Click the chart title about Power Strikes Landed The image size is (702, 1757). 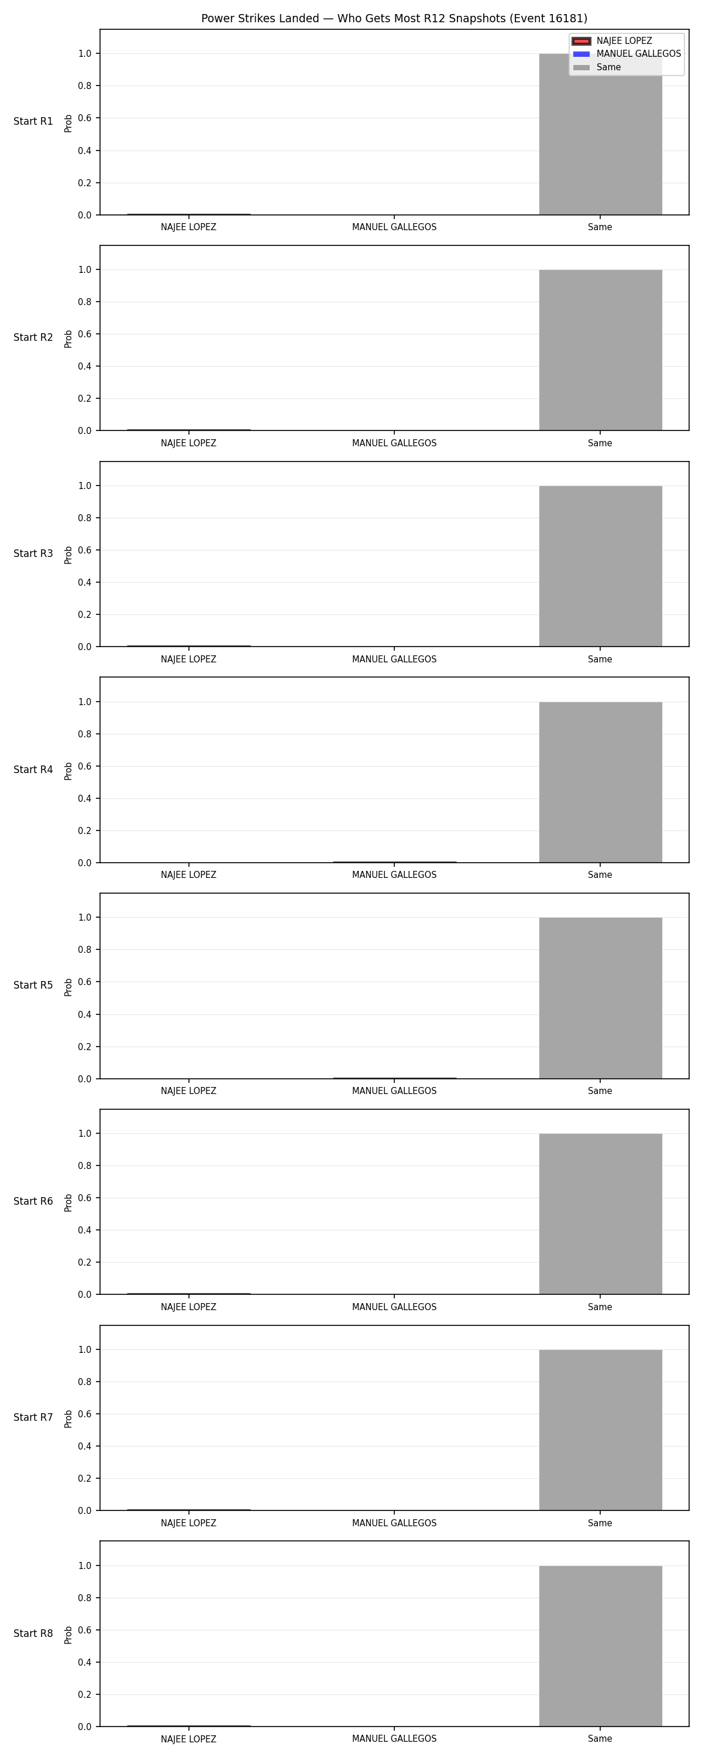coord(394,18)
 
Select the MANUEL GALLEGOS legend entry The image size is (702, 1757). coord(627,54)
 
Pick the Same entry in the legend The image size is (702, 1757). coord(597,67)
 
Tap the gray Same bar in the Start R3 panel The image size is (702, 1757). coord(600,566)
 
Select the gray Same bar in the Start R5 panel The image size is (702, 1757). coord(600,998)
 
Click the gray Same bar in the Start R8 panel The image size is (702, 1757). coord(600,1646)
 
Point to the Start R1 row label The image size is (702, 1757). coord(33,121)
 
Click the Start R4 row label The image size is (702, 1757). coord(33,770)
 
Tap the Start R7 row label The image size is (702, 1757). coord(33,1417)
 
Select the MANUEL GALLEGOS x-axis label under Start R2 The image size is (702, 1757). coord(394,443)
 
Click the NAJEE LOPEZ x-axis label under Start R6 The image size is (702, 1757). coord(189,1307)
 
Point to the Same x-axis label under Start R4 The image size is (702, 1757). coord(600,875)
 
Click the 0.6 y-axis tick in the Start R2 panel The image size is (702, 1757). coord(84,334)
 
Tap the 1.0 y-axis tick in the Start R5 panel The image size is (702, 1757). coord(84,917)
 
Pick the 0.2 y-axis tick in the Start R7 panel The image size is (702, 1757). coord(84,1478)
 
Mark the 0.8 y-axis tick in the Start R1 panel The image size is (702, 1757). coord(84,86)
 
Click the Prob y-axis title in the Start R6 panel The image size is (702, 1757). coord(68,1202)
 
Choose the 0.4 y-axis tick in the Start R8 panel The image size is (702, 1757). coord(84,1662)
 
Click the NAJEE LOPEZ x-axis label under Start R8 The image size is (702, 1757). coord(189,1739)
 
